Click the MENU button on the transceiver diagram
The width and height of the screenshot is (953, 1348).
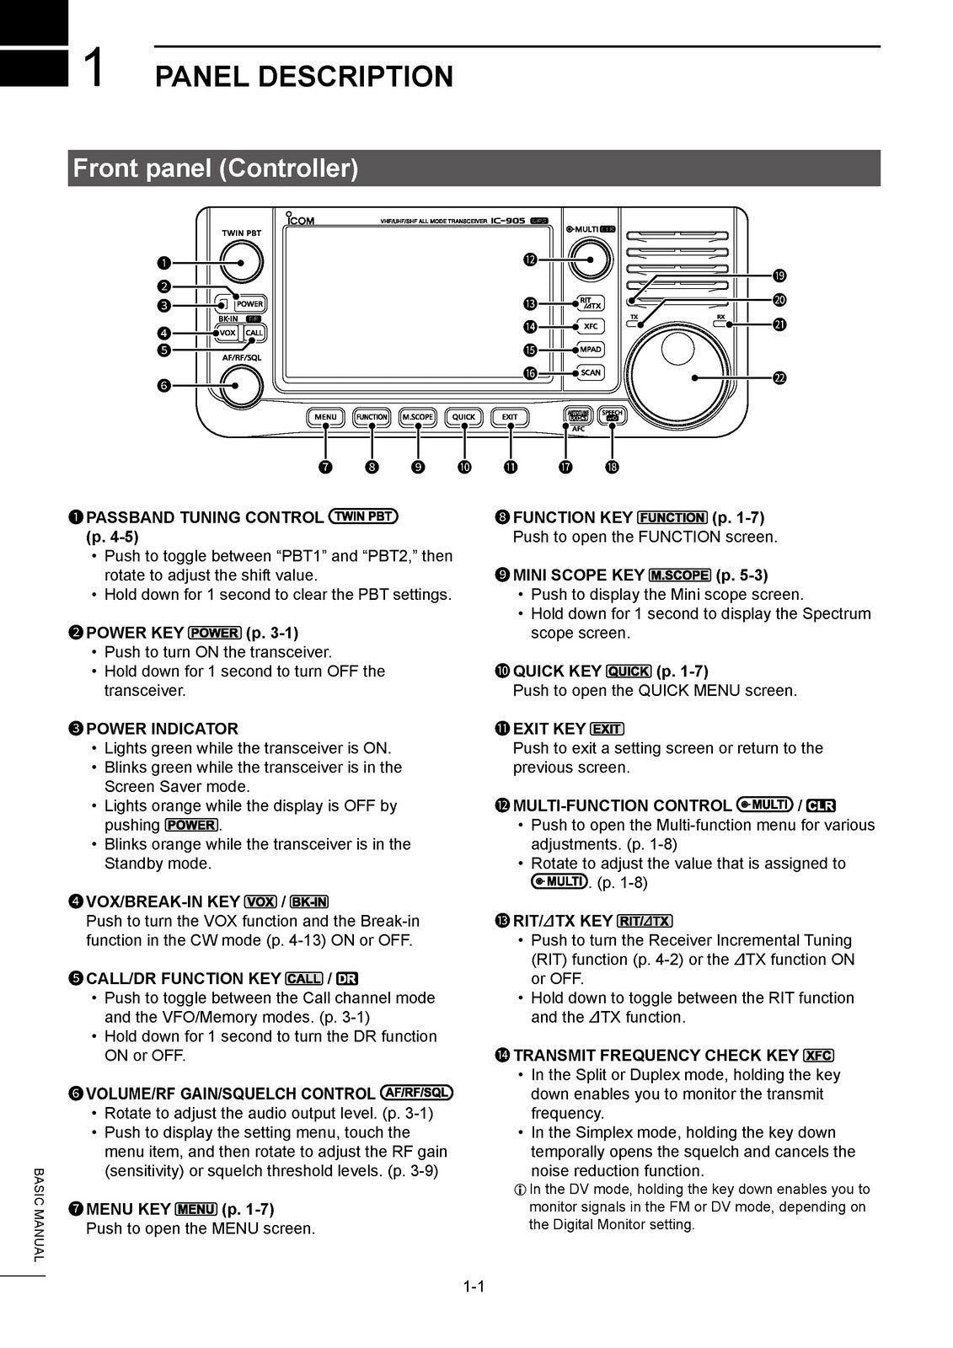point(325,417)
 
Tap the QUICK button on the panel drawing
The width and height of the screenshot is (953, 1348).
point(463,417)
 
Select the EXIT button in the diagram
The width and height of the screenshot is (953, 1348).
point(510,417)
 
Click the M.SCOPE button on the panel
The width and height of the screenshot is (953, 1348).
point(417,417)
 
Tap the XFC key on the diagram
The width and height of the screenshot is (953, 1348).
point(590,326)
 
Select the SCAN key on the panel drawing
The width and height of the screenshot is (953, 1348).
point(590,372)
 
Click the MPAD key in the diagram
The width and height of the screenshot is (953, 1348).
point(590,350)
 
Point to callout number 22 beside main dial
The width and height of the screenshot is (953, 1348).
point(779,377)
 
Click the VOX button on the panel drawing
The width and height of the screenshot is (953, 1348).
point(227,333)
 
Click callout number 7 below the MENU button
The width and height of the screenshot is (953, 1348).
point(325,467)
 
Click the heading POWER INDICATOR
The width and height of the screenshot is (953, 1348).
point(162,729)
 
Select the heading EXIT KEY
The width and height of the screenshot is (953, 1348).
point(549,729)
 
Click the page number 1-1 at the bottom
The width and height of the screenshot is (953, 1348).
point(474,1286)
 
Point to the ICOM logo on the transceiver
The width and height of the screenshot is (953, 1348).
point(300,220)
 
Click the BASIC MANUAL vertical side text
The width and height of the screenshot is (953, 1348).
point(37,1214)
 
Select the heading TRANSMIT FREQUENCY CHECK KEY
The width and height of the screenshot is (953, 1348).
point(656,1056)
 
